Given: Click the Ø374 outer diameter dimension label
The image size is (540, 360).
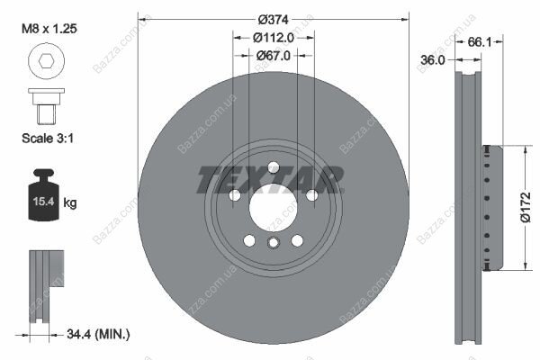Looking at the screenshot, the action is (273, 20).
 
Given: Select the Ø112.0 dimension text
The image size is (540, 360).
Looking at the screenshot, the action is (274, 38).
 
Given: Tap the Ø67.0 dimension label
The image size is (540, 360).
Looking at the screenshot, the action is (274, 56).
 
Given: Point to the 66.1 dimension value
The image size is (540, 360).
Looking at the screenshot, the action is (480, 42).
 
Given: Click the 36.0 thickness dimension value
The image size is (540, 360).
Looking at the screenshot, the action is (433, 60).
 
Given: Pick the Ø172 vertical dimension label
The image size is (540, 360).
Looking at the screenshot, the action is (526, 207).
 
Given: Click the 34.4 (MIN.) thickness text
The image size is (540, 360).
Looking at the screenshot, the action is (98, 334).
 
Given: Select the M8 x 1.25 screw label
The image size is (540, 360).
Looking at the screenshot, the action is (49, 29).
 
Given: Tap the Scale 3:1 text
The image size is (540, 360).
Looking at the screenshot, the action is (48, 138).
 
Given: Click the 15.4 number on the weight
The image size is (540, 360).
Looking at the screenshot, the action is (43, 202).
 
